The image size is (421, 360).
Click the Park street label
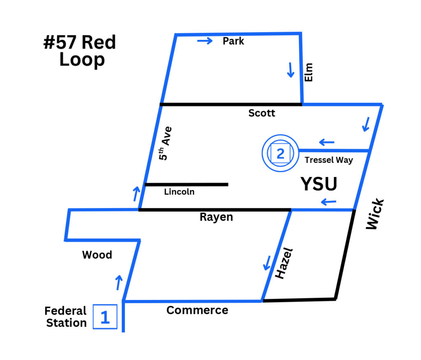click(234, 41)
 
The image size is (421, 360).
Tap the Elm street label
click(309, 72)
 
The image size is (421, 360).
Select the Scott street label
click(262, 113)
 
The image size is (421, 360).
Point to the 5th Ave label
click(165, 144)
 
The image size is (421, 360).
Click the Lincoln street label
click(179, 192)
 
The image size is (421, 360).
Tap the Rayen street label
click(216, 217)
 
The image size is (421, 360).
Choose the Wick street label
click(375, 214)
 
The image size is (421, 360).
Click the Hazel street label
click(284, 263)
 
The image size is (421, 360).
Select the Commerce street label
click(197, 310)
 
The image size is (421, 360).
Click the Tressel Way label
click(329, 160)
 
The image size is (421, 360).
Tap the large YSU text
click(319, 184)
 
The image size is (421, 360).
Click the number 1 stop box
click(105, 317)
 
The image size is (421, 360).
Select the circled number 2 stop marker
click(280, 153)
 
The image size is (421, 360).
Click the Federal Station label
click(66, 317)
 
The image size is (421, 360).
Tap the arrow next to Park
click(205, 41)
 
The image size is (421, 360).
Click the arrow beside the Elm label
click(291, 70)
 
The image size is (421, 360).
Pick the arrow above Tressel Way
click(326, 142)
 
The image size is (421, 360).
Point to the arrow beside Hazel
click(267, 263)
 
